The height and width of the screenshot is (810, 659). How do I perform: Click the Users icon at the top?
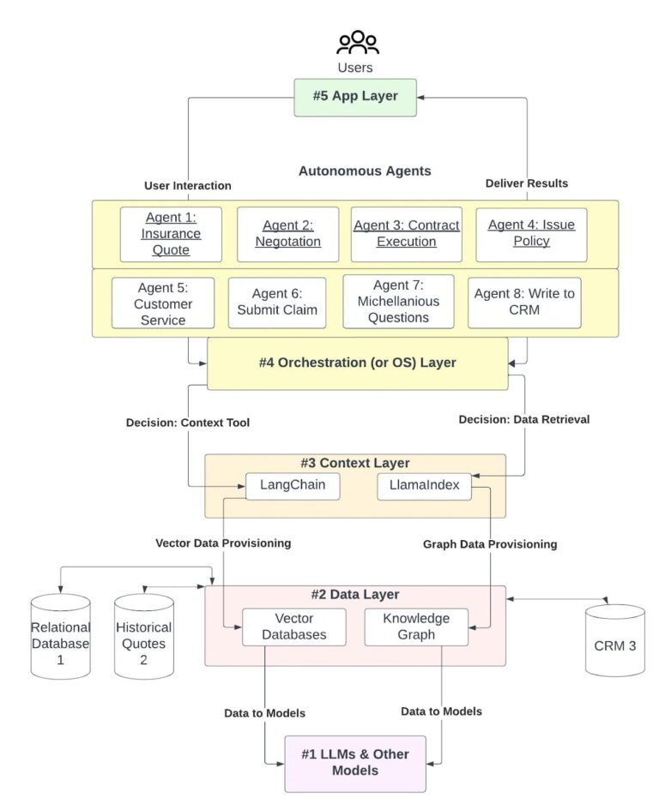pyautogui.click(x=357, y=42)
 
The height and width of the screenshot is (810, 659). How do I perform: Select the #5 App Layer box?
pyautogui.click(x=355, y=96)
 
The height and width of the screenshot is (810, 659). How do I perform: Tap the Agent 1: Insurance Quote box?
pyautogui.click(x=171, y=234)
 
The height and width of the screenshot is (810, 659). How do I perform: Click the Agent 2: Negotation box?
pyautogui.click(x=287, y=234)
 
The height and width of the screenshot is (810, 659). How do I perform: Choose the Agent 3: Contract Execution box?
pyautogui.click(x=406, y=234)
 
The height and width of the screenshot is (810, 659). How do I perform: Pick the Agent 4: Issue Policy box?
pyautogui.click(x=531, y=234)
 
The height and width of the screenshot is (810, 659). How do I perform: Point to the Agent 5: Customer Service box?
pyautogui.click(x=163, y=303)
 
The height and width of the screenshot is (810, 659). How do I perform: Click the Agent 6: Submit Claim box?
pyautogui.click(x=276, y=303)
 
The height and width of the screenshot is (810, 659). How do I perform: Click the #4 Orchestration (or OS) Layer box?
pyautogui.click(x=357, y=363)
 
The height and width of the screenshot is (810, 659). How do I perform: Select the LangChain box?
pyautogui.click(x=292, y=487)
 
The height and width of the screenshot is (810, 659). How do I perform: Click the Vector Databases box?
pyautogui.click(x=293, y=627)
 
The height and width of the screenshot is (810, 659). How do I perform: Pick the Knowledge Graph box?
pyautogui.click(x=416, y=627)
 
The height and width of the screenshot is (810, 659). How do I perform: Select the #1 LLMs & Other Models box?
pyautogui.click(x=355, y=763)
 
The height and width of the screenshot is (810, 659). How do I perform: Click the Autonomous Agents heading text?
pyautogui.click(x=365, y=171)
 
